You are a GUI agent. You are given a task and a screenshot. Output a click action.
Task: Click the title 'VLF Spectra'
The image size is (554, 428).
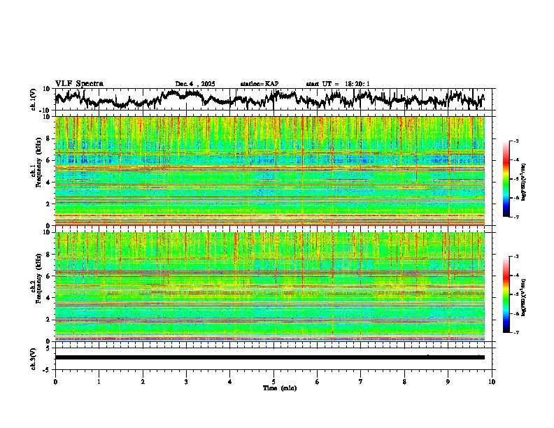[x=79, y=83]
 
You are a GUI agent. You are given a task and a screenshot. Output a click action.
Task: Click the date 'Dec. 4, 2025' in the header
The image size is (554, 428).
[x=195, y=84]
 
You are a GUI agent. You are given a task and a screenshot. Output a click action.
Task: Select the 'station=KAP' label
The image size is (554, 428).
[x=260, y=84]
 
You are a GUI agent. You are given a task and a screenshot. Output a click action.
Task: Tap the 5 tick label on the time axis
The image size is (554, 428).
[x=274, y=381]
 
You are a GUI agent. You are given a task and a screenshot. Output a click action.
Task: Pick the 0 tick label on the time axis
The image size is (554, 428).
[x=55, y=381]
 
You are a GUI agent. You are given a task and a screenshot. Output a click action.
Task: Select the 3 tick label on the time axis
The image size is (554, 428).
[x=186, y=381]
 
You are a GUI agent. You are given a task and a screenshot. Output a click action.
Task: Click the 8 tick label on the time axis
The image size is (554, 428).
[x=404, y=381]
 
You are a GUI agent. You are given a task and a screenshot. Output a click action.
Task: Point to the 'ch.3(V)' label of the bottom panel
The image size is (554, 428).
[x=34, y=357]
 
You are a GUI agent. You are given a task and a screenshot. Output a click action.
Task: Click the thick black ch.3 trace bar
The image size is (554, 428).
[x=269, y=357]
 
